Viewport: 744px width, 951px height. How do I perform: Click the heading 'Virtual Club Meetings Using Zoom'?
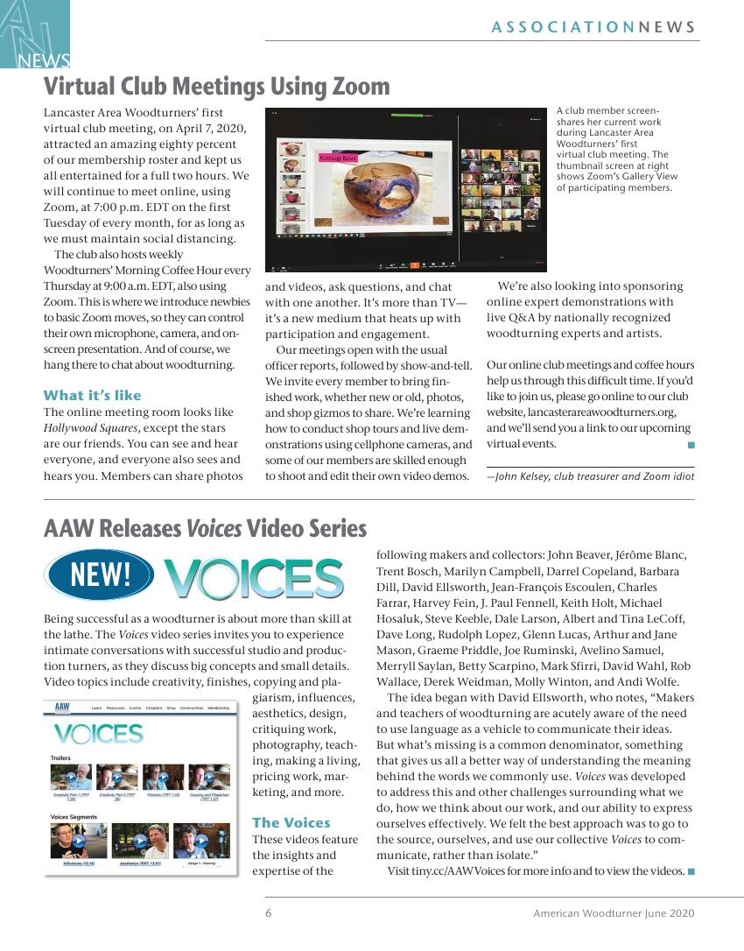[x=216, y=87]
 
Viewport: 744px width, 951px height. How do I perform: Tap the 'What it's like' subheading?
[x=92, y=395]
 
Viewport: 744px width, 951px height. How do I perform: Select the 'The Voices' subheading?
[x=291, y=822]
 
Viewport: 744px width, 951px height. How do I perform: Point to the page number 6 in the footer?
[x=269, y=913]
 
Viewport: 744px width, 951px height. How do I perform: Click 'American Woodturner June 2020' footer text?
[x=614, y=913]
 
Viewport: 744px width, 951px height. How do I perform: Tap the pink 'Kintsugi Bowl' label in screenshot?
[x=338, y=158]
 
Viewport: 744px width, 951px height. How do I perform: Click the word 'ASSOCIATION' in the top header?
[x=563, y=27]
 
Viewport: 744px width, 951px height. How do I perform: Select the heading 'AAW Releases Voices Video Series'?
[x=205, y=529]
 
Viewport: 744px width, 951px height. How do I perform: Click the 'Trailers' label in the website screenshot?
[x=60, y=757]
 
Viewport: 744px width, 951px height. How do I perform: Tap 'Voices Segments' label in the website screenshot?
[x=74, y=817]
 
